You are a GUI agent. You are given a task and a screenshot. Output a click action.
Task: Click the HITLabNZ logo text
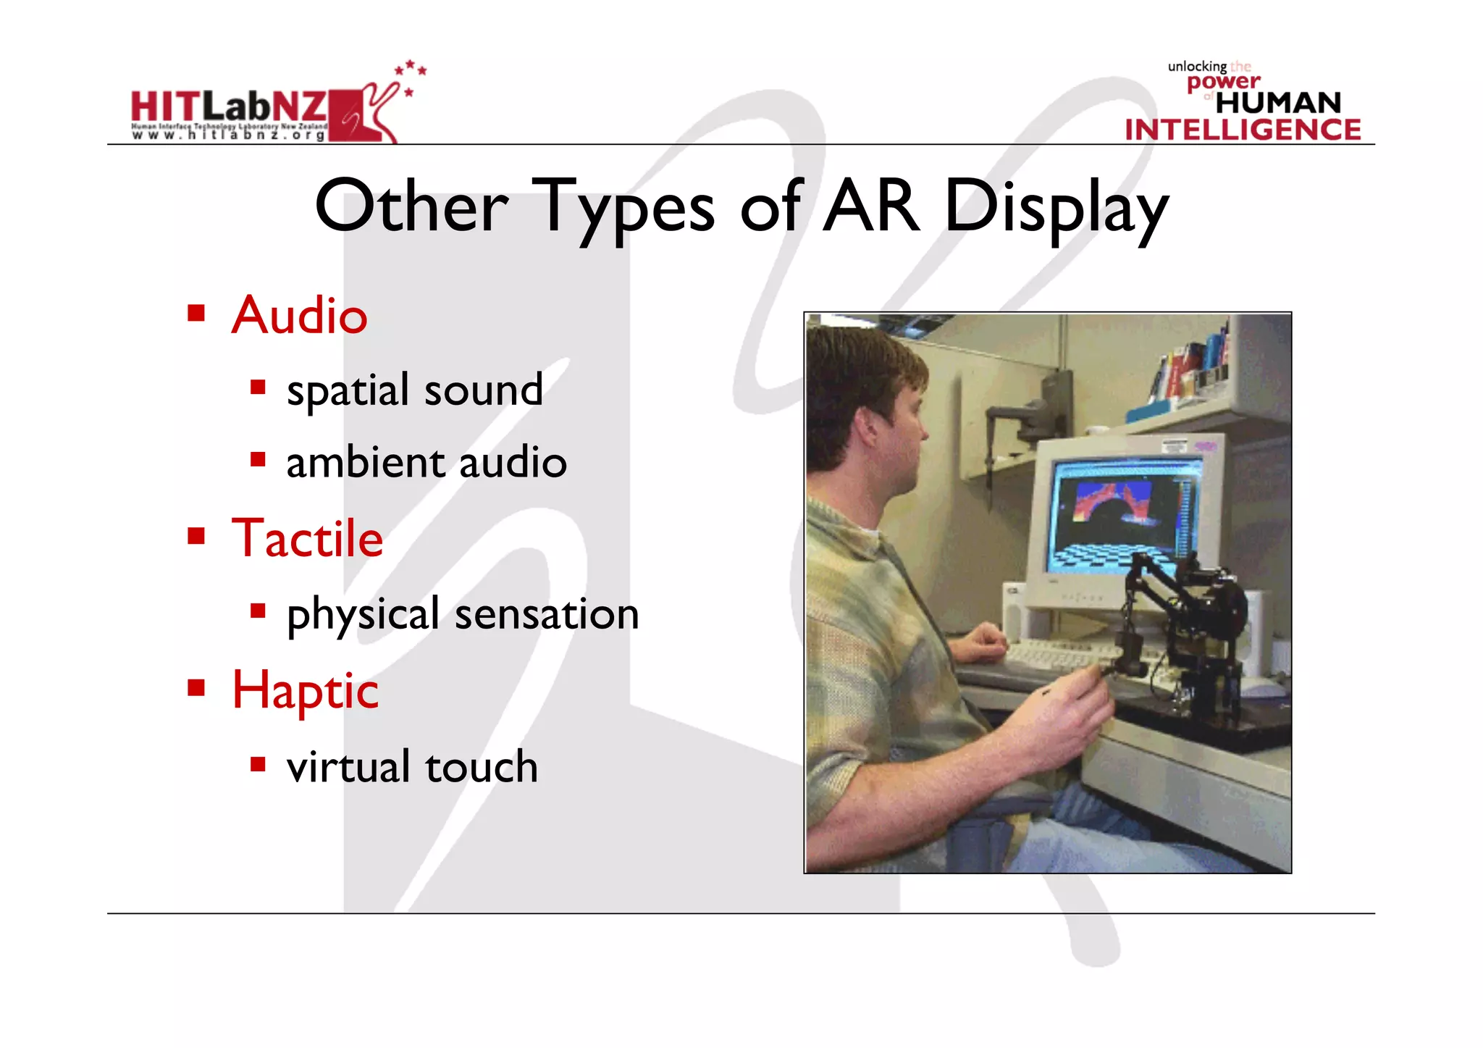pos(229,106)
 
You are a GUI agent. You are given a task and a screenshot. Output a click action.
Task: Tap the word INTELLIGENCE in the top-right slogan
pos(1243,130)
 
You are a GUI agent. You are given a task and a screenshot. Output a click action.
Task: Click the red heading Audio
pos(299,316)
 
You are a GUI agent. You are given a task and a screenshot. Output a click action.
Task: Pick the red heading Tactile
pos(307,539)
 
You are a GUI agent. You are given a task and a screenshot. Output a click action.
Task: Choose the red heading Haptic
pos(305,690)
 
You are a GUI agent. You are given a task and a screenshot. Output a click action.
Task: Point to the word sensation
pos(547,614)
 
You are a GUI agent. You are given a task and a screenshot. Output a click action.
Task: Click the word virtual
pos(348,767)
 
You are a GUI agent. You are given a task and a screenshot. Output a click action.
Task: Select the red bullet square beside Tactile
pos(196,537)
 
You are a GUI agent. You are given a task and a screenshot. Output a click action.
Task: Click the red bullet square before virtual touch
pos(258,764)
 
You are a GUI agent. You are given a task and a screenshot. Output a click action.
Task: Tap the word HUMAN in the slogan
pos(1278,103)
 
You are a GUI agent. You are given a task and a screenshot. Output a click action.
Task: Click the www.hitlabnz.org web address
pos(229,135)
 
